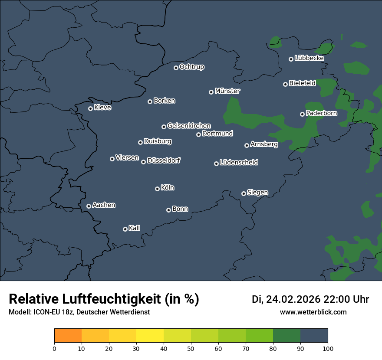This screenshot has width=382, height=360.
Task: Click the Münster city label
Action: click(x=227, y=91)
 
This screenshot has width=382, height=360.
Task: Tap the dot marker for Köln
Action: click(x=157, y=189)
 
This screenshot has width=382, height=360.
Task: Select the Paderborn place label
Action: click(x=321, y=113)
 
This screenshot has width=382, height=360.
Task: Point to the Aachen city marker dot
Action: click(x=89, y=206)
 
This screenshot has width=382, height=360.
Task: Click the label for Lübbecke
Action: click(x=309, y=58)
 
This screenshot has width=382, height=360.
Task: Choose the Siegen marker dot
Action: click(x=244, y=193)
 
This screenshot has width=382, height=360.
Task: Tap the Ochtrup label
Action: click(x=191, y=67)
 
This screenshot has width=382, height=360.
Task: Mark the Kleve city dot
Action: click(x=90, y=108)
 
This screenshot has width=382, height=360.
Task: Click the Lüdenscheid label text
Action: click(x=239, y=163)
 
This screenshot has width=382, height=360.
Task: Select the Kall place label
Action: click(x=135, y=228)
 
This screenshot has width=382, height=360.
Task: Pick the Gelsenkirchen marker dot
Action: click(x=164, y=127)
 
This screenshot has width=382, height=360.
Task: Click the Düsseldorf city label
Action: click(x=164, y=161)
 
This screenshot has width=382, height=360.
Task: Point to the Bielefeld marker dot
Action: click(x=285, y=84)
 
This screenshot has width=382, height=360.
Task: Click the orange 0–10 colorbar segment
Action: click(x=68, y=336)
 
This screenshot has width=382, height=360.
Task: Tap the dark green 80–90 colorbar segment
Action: click(x=286, y=336)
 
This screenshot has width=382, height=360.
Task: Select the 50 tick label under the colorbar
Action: click(x=191, y=348)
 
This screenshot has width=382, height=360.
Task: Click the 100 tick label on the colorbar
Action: click(x=328, y=348)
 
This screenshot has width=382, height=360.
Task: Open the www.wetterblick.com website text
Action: click(x=313, y=312)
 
